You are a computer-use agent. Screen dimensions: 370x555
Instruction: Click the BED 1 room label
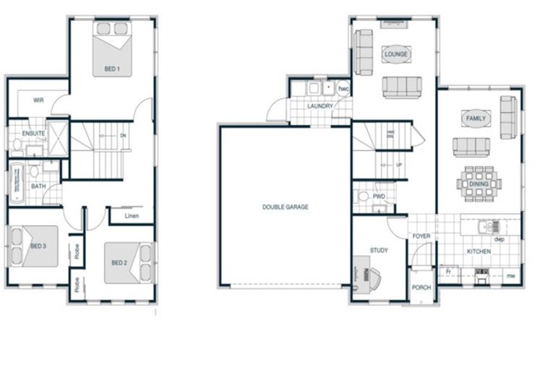(x=112, y=69)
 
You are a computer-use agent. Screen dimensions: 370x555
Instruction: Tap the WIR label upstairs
(x=39, y=100)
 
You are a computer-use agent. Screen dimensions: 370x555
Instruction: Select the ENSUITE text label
(x=34, y=134)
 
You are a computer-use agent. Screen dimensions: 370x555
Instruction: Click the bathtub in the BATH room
(x=17, y=183)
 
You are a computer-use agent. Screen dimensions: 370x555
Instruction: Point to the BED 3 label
(x=38, y=246)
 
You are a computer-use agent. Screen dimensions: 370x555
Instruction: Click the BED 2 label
(x=119, y=262)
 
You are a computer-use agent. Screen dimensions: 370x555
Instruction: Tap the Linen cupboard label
(x=131, y=216)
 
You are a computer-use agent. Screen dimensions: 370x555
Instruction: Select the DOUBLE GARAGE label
(x=285, y=207)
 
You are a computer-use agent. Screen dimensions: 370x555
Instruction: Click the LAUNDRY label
(x=319, y=106)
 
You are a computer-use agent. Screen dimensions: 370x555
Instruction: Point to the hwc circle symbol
(x=343, y=89)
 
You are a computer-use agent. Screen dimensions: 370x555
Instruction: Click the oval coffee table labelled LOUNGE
(x=396, y=54)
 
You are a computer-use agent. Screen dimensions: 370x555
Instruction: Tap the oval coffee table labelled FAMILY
(x=476, y=118)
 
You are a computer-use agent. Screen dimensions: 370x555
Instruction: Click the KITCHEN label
(x=478, y=251)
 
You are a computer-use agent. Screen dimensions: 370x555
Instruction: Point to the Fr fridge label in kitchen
(x=448, y=272)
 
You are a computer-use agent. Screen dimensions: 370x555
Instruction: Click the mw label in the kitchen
(x=509, y=275)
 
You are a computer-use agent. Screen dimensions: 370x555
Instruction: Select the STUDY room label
(x=379, y=251)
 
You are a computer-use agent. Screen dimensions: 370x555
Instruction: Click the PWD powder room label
(x=379, y=197)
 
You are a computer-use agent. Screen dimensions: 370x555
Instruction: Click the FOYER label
(x=421, y=236)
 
